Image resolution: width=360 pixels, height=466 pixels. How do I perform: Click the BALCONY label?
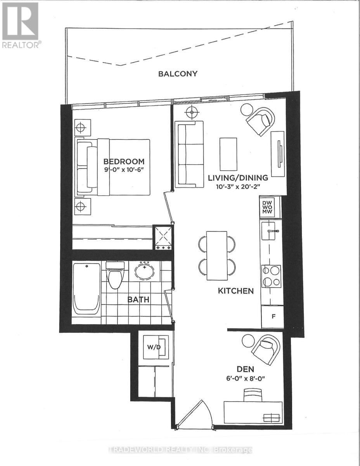(178, 74)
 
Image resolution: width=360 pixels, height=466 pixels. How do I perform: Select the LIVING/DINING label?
(238, 178)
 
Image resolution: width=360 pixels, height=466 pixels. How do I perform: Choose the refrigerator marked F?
(273, 317)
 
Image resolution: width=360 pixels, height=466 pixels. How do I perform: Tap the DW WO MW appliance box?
(267, 207)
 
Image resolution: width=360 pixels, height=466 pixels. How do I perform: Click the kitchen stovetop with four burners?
(271, 276)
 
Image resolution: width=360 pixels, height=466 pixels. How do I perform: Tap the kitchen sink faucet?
(273, 231)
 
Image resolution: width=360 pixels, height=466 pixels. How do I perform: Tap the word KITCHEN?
(236, 291)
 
